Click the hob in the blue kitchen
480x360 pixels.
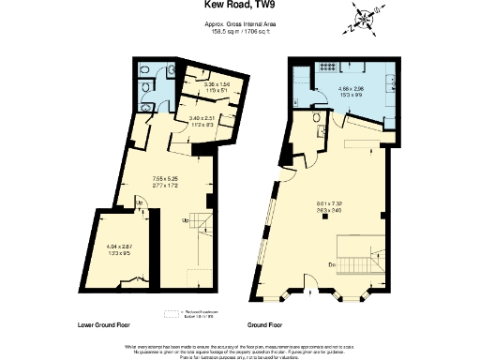point(329,67)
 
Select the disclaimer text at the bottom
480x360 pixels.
point(241,349)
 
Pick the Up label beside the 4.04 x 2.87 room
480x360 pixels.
point(140,204)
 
